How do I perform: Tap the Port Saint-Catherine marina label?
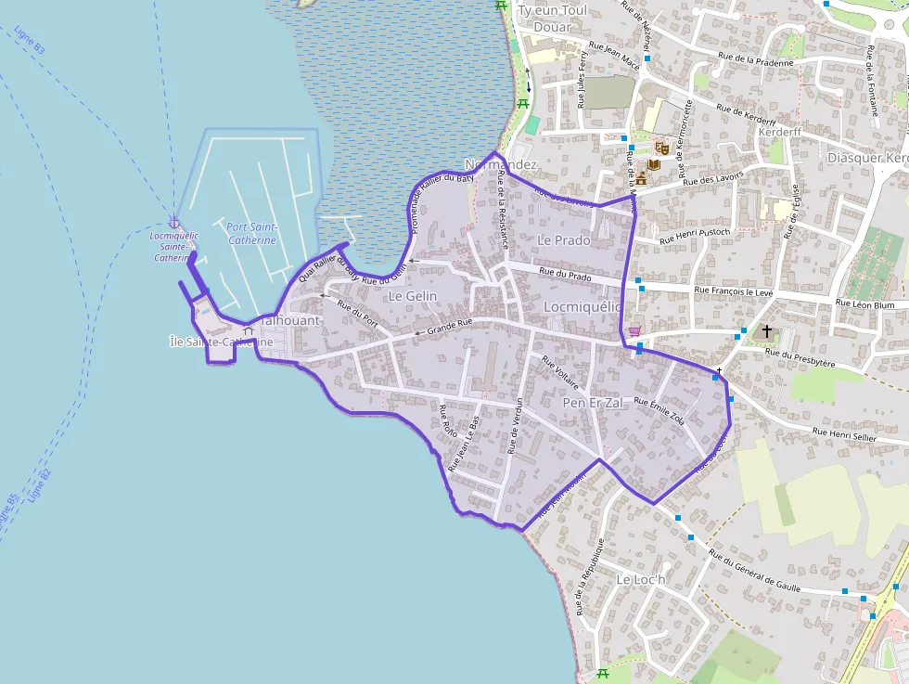tap(251, 233)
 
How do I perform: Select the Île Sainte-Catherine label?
tap(222, 342)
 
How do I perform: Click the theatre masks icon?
tap(661, 148)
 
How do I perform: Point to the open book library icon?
tap(654, 164)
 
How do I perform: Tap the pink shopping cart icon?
tap(634, 331)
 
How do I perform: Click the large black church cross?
tap(766, 330)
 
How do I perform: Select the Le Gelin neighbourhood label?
tap(413, 296)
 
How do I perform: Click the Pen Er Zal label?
tap(593, 403)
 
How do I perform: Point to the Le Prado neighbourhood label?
tap(563, 239)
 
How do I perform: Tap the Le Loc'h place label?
tap(641, 580)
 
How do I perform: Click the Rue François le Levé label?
tap(733, 291)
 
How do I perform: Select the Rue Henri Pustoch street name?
tap(695, 236)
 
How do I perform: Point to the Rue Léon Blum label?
tap(864, 303)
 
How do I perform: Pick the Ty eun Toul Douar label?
tap(554, 19)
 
